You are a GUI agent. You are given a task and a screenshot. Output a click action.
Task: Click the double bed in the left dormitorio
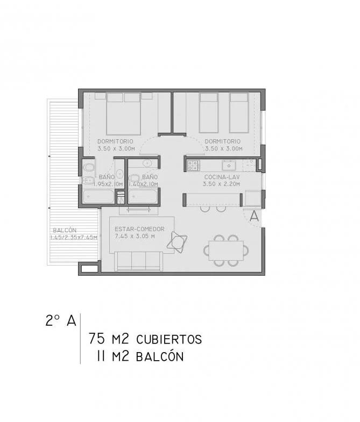point(123,113)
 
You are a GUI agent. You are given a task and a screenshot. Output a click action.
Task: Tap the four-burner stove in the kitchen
point(193,165)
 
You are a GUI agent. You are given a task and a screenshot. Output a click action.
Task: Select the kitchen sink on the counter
point(229,165)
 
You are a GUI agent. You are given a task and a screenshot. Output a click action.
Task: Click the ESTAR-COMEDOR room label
point(139,229)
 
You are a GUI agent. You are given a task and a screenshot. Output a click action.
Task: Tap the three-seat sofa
point(138,261)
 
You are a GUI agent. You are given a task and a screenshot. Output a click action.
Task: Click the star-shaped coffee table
point(177,242)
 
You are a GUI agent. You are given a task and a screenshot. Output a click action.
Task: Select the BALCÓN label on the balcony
point(65,231)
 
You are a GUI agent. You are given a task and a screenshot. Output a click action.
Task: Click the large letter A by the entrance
point(254,217)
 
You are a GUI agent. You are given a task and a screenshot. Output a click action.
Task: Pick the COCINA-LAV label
point(222,177)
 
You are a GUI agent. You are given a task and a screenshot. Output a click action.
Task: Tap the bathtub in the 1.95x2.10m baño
point(98,196)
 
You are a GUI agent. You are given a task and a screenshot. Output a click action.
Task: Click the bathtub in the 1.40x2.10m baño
point(143,196)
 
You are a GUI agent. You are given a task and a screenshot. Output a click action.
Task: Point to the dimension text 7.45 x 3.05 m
point(135,237)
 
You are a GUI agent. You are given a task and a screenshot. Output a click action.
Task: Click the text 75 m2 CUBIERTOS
point(145,339)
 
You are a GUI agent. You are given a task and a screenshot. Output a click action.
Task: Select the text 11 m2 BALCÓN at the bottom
point(140,356)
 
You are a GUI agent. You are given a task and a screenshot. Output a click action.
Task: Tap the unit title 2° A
point(61,320)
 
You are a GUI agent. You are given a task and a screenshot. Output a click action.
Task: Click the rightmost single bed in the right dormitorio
point(239,113)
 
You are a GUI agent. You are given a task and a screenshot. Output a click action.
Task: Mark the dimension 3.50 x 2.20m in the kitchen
point(221,184)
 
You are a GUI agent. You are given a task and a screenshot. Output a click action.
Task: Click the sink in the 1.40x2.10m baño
point(147,163)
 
